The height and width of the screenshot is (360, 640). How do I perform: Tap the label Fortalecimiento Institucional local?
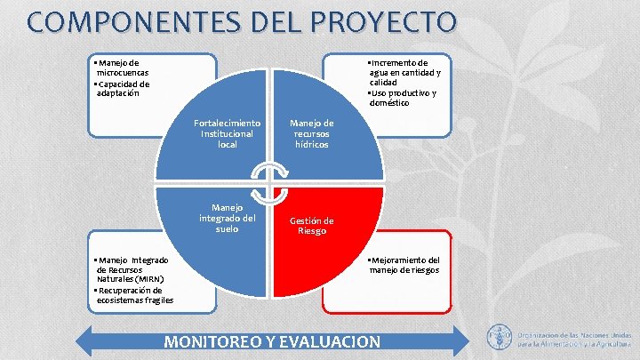pyautogui.click(x=227, y=133)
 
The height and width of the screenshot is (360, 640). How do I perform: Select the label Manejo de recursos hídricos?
pyautogui.click(x=312, y=133)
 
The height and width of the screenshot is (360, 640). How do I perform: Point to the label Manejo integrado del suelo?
pyautogui.click(x=228, y=218)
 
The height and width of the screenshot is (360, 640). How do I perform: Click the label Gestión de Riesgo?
pyautogui.click(x=311, y=226)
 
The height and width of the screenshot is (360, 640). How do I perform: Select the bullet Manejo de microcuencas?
pyautogui.click(x=122, y=68)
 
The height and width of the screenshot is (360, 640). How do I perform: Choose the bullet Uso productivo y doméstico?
pyautogui.click(x=403, y=98)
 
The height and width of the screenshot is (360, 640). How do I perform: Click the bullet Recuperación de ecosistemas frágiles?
pyautogui.click(x=132, y=295)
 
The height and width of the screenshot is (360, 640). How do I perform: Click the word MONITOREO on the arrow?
pyautogui.click(x=217, y=342)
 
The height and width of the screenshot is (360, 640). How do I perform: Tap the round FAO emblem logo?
pyautogui.click(x=500, y=337)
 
